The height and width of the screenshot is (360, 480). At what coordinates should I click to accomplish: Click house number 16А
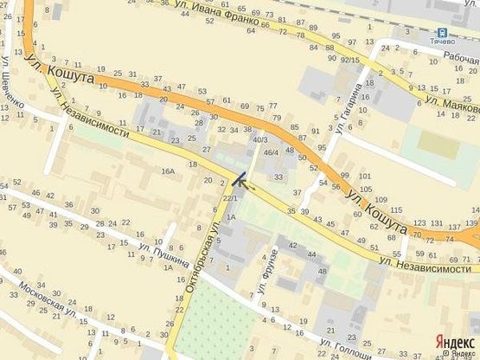pyautogui.click(x=167, y=172)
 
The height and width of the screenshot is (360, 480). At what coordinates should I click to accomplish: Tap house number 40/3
pyautogui.click(x=259, y=138)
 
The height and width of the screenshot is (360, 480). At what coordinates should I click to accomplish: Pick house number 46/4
pyautogui.click(x=270, y=152)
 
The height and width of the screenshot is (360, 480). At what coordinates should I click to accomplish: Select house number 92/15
pyautogui.click(x=349, y=60)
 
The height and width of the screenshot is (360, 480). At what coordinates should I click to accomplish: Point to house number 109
pyautogui.click(x=381, y=201)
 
